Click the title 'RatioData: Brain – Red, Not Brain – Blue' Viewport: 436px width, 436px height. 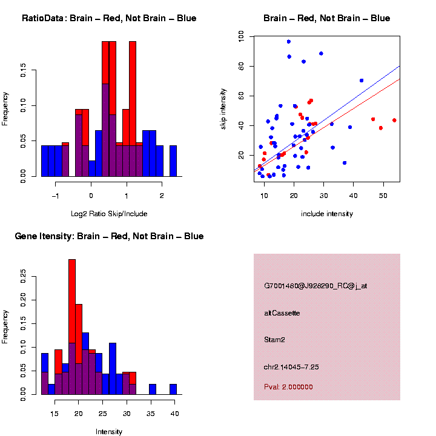[x=109, y=18]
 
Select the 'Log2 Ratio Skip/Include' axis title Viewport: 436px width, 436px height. [x=109, y=214]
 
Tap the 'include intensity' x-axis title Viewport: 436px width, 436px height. [x=327, y=214]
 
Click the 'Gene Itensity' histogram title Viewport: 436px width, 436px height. [x=109, y=236]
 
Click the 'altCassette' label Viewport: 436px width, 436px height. [x=282, y=313]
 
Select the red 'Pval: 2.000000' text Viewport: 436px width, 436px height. [x=289, y=387]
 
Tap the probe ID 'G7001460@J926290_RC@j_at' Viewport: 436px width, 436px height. [x=315, y=286]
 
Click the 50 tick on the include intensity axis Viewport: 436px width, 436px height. [x=383, y=196]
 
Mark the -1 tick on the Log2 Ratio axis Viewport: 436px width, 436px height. [x=56, y=196]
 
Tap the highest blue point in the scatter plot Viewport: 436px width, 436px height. [x=289, y=42]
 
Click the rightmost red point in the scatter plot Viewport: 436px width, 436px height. [x=394, y=121]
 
